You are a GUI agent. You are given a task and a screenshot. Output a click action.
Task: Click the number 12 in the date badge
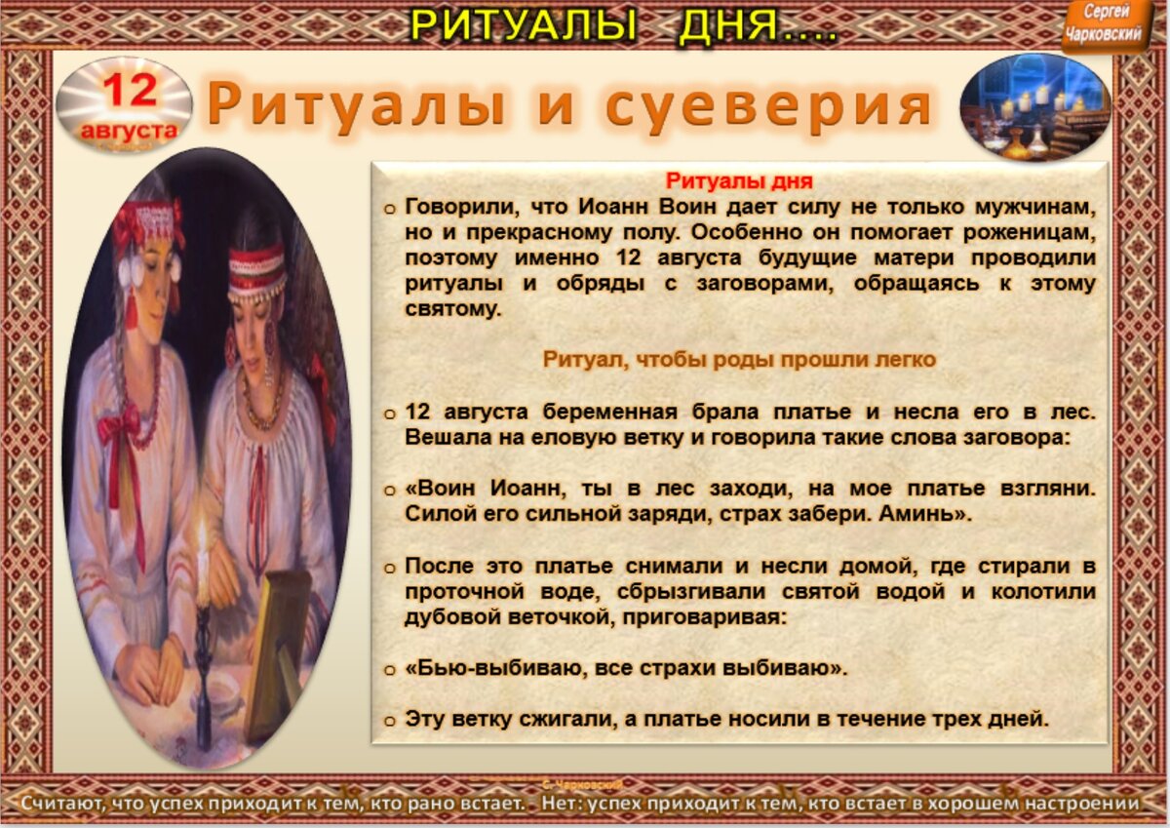click(x=129, y=91)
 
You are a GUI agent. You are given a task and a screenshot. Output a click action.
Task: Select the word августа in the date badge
click(x=130, y=130)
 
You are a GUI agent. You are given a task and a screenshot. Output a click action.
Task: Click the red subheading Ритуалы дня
click(x=738, y=181)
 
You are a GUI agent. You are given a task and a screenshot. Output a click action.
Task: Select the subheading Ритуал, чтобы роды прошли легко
click(x=738, y=359)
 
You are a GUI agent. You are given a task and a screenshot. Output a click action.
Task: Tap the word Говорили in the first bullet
click(x=451, y=207)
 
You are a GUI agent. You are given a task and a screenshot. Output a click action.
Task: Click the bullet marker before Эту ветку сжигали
click(x=390, y=722)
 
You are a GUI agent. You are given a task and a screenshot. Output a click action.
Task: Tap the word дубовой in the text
click(x=449, y=617)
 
